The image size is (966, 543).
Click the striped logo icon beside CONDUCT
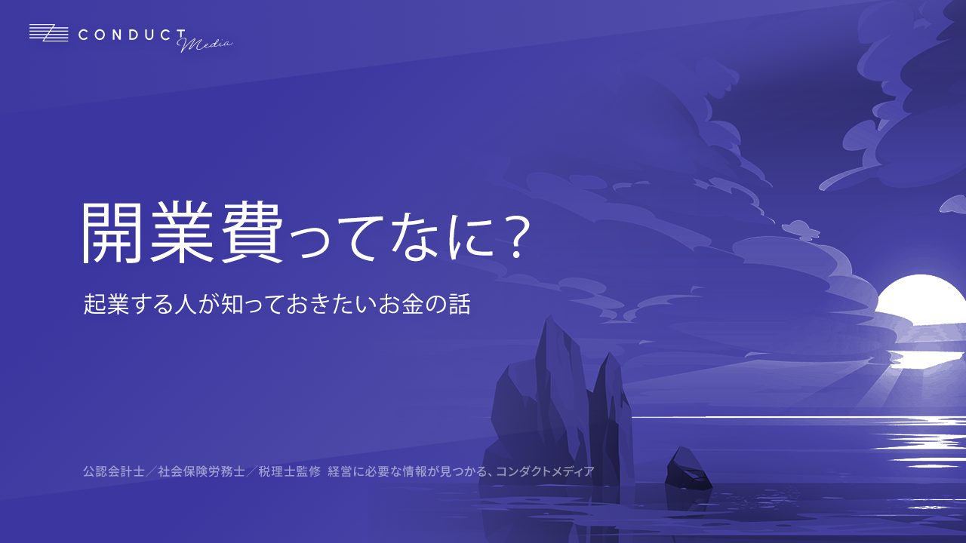[x=49, y=33]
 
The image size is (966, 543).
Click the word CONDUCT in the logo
[x=132, y=35]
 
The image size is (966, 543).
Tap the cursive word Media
[x=205, y=43]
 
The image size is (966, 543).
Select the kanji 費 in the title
[x=252, y=232]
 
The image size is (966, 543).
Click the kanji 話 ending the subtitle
[x=459, y=304]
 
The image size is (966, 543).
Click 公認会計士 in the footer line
[x=114, y=471]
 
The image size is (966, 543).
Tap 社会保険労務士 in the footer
[x=202, y=471]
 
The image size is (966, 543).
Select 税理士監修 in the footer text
[x=289, y=471]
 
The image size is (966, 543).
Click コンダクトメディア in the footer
[x=545, y=471]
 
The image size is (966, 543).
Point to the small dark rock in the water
[x=688, y=469]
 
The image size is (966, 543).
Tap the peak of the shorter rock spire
[x=610, y=354]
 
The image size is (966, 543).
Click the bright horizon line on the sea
[x=798, y=417]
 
